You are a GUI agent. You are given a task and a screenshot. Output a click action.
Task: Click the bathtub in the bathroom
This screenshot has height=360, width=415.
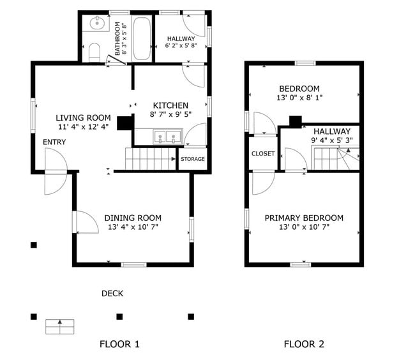pyautogui.click(x=143, y=38)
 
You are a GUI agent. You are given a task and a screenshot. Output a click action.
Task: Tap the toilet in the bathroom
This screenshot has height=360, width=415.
pyautogui.click(x=94, y=51)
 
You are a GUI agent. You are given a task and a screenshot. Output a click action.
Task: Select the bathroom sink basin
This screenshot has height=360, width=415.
pyautogui.click(x=97, y=24)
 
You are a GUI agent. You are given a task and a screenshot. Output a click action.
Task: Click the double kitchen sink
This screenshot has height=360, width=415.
pyautogui.click(x=167, y=136)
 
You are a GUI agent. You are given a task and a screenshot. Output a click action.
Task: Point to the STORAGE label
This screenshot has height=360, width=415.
pyautogui.click(x=193, y=159)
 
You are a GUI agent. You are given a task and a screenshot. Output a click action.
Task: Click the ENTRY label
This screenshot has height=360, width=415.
pyautogui.click(x=54, y=142)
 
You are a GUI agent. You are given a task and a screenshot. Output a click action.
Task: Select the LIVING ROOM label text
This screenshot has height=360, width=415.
pyautogui.click(x=83, y=118)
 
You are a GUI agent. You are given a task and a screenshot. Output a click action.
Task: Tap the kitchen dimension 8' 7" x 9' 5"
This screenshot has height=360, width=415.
pyautogui.click(x=170, y=116)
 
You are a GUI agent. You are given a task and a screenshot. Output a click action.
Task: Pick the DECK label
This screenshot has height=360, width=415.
pyautogui.click(x=112, y=294)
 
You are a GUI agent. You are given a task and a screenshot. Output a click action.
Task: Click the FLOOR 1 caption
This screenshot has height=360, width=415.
pyautogui.click(x=119, y=344)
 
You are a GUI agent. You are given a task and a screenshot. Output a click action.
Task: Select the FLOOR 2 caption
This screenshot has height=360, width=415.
pyautogui.click(x=304, y=344)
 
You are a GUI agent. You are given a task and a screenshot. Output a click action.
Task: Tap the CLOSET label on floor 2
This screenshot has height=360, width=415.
pyautogui.click(x=263, y=154)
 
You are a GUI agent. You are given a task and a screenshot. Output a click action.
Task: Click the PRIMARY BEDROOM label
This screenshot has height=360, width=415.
pyautogui.click(x=304, y=218)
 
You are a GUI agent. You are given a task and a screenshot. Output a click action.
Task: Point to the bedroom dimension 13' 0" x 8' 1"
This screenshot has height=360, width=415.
pyautogui.click(x=299, y=98)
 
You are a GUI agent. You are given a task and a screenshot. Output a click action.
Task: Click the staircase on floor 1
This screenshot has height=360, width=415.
pyautogui.click(x=150, y=158)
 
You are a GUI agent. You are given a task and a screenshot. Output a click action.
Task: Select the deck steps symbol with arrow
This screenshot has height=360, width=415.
pyautogui.click(x=60, y=326)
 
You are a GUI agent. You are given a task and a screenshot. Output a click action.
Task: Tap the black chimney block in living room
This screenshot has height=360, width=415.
pyautogui.click(x=125, y=123)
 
